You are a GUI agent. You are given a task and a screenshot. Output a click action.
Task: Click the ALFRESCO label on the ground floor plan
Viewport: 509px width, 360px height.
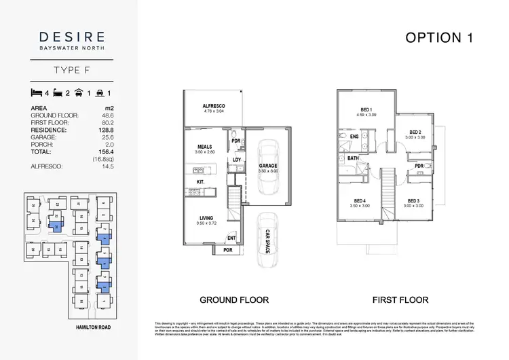tap(214, 107)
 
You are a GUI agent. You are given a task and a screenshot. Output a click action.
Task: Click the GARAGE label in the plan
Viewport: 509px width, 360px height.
tap(268, 165)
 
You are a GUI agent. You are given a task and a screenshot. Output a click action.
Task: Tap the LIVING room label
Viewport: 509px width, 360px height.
tap(205, 218)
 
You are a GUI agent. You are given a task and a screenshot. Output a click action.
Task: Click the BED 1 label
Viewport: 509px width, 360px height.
tap(366, 110)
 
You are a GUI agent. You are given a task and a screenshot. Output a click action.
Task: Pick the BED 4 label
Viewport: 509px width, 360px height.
tap(359, 200)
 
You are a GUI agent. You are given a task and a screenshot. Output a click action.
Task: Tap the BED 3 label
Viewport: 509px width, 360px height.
tap(415, 200)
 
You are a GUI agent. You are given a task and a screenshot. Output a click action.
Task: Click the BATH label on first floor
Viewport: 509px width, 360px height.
tap(353, 158)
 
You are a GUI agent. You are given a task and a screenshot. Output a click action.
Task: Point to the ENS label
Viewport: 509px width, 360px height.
tap(354, 136)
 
